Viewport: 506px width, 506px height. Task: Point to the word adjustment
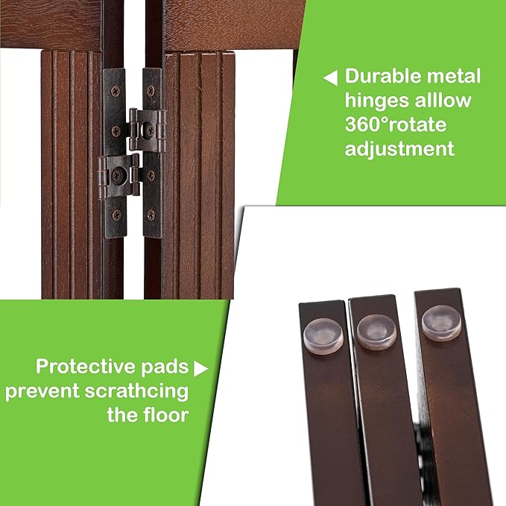coord(399,148)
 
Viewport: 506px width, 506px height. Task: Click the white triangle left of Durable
coord(329,77)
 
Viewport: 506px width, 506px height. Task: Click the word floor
coord(162,415)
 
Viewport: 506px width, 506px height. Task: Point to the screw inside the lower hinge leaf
coord(116,177)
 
